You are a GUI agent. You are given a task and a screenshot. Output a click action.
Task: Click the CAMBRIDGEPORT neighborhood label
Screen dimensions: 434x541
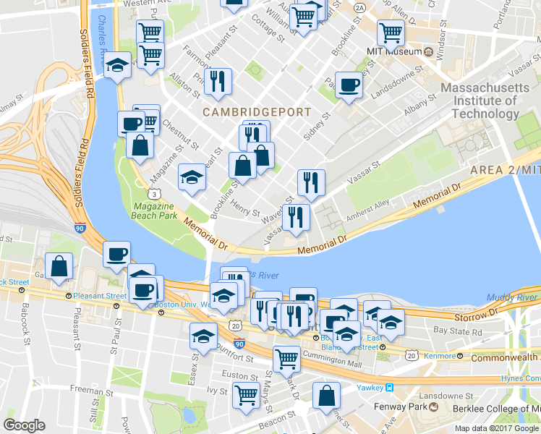[256, 112]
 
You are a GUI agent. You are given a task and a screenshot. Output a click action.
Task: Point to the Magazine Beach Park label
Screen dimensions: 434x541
[155, 210]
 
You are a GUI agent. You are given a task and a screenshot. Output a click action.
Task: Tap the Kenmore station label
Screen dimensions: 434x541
[440, 356]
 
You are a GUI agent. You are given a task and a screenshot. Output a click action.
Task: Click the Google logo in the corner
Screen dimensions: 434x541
[24, 425]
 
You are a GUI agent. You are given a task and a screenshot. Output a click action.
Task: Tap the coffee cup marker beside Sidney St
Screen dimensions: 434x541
[349, 85]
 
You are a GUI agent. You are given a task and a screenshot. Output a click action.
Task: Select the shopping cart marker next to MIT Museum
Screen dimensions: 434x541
[390, 31]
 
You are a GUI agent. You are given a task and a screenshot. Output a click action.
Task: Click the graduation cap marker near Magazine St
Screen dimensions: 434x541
[191, 177]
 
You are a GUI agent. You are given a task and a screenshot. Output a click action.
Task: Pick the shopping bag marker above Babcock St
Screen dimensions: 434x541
[59, 265]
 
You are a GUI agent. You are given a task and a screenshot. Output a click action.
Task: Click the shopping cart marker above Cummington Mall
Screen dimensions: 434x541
[286, 357]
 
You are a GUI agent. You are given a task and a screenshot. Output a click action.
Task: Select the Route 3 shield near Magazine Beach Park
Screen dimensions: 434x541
[153, 193]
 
